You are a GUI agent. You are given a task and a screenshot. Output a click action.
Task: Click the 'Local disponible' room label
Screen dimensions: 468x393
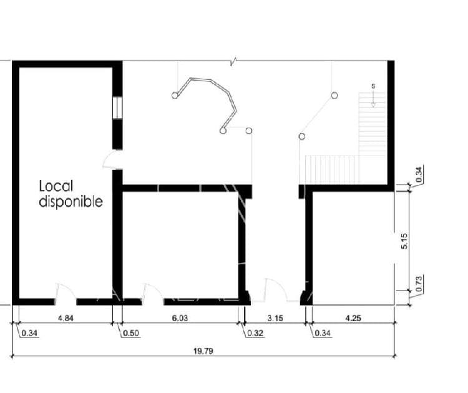tap(71, 194)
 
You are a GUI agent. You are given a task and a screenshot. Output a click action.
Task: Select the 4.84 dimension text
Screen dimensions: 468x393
tap(66, 318)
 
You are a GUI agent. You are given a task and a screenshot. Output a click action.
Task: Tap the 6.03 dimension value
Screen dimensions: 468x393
tap(180, 318)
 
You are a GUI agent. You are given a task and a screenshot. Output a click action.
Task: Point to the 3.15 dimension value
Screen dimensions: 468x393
tap(275, 318)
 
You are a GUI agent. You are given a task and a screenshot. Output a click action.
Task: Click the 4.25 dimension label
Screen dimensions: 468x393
tap(353, 318)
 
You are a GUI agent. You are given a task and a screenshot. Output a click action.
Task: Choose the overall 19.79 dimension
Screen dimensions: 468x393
tap(203, 351)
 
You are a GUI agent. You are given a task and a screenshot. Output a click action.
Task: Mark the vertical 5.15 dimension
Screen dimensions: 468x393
tap(404, 241)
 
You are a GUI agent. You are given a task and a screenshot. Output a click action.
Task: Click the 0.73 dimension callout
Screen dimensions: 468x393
tap(419, 284)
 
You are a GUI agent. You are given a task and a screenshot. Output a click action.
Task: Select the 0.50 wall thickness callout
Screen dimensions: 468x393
tap(131, 333)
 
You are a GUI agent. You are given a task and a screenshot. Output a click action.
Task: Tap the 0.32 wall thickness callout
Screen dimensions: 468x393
tap(255, 333)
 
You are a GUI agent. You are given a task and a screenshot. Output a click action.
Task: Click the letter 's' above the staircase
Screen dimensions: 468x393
tap(373, 86)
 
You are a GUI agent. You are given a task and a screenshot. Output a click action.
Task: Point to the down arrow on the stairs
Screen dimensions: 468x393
tap(373, 99)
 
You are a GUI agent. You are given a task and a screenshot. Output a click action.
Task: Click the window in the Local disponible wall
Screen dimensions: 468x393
tap(117, 107)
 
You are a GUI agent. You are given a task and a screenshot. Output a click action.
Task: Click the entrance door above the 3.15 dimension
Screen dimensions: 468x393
tap(275, 289)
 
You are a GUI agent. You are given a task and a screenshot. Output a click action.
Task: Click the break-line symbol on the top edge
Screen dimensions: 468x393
tap(234, 61)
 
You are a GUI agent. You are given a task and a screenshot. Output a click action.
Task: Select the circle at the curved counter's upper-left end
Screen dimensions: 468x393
tap(175, 96)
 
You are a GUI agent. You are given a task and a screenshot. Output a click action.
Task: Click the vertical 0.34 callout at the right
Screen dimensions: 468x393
tap(419, 174)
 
